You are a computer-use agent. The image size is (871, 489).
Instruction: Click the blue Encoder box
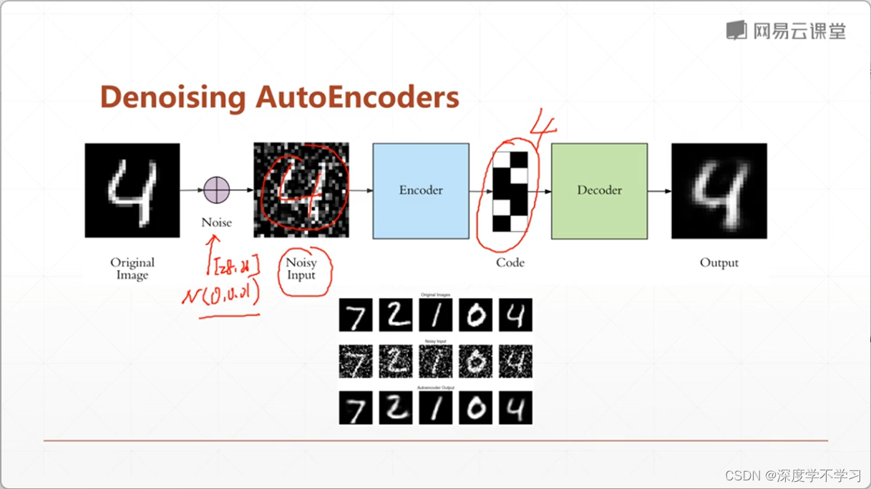pyautogui.click(x=421, y=190)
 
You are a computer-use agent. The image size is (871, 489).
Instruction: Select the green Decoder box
pyautogui.click(x=599, y=190)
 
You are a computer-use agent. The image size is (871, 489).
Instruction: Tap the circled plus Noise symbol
pyautogui.click(x=216, y=190)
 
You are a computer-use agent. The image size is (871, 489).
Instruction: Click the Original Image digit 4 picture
pyautogui.click(x=132, y=190)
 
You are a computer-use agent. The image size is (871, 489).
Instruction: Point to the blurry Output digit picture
pyautogui.click(x=719, y=190)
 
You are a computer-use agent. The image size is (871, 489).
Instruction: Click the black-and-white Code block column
pyautogui.click(x=510, y=191)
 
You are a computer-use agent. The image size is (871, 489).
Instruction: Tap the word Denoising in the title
pyautogui.click(x=172, y=97)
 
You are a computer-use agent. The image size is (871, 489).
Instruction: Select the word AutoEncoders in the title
pyautogui.click(x=357, y=97)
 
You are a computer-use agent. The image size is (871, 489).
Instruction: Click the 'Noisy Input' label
pyautogui.click(x=301, y=268)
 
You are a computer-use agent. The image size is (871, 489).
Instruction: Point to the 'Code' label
pyautogui.click(x=510, y=263)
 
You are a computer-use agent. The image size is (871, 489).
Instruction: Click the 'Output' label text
pyautogui.click(x=719, y=263)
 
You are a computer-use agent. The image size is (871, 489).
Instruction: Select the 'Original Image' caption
pyautogui.click(x=132, y=268)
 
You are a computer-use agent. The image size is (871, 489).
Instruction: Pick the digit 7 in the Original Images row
pyautogui.click(x=356, y=315)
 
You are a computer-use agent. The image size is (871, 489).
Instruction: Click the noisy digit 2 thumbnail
pyautogui.click(x=396, y=362)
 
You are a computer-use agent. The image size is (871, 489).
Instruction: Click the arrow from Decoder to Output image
pyautogui.click(x=659, y=191)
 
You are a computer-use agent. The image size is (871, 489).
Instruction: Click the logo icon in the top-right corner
pyautogui.click(x=736, y=30)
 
